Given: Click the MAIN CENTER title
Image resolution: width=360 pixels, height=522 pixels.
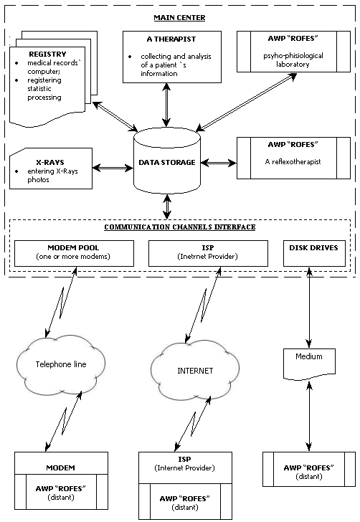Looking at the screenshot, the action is click(179, 18).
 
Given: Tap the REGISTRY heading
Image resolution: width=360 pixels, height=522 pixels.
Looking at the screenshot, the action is click(47, 54).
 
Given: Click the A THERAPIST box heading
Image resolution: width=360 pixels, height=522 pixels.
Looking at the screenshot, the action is click(171, 39).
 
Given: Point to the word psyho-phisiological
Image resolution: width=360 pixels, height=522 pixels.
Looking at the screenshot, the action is click(293, 56).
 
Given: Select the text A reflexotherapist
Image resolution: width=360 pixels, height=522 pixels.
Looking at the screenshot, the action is click(293, 162).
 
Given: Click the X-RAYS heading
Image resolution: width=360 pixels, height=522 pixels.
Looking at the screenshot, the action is click(50, 163).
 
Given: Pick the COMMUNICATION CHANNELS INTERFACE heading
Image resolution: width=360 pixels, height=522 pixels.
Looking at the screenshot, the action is click(180, 227).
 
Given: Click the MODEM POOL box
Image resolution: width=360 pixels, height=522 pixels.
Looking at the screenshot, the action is click(75, 253).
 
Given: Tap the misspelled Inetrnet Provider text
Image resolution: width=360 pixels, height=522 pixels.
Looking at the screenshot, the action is click(208, 257).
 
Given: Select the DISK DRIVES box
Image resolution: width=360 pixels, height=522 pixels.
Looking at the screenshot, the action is click(314, 253).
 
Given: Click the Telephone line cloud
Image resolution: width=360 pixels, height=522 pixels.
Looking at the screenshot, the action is click(61, 364).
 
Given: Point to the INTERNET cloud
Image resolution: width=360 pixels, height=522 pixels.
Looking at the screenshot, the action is click(195, 370).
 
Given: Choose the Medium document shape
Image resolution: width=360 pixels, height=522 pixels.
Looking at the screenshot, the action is click(309, 364).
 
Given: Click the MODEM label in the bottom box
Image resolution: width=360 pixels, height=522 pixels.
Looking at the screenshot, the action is click(60, 468).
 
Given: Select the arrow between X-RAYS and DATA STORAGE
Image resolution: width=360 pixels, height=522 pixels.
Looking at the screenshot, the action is click(113, 168).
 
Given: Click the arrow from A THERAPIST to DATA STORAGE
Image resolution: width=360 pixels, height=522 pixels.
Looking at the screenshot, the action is click(166, 105).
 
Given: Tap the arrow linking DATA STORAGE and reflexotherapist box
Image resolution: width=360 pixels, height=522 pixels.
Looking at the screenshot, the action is click(219, 163).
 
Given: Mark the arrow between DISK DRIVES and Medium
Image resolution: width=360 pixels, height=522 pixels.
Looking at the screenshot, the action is click(309, 308).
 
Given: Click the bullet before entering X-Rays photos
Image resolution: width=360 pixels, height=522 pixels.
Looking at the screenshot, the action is click(16, 171).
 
